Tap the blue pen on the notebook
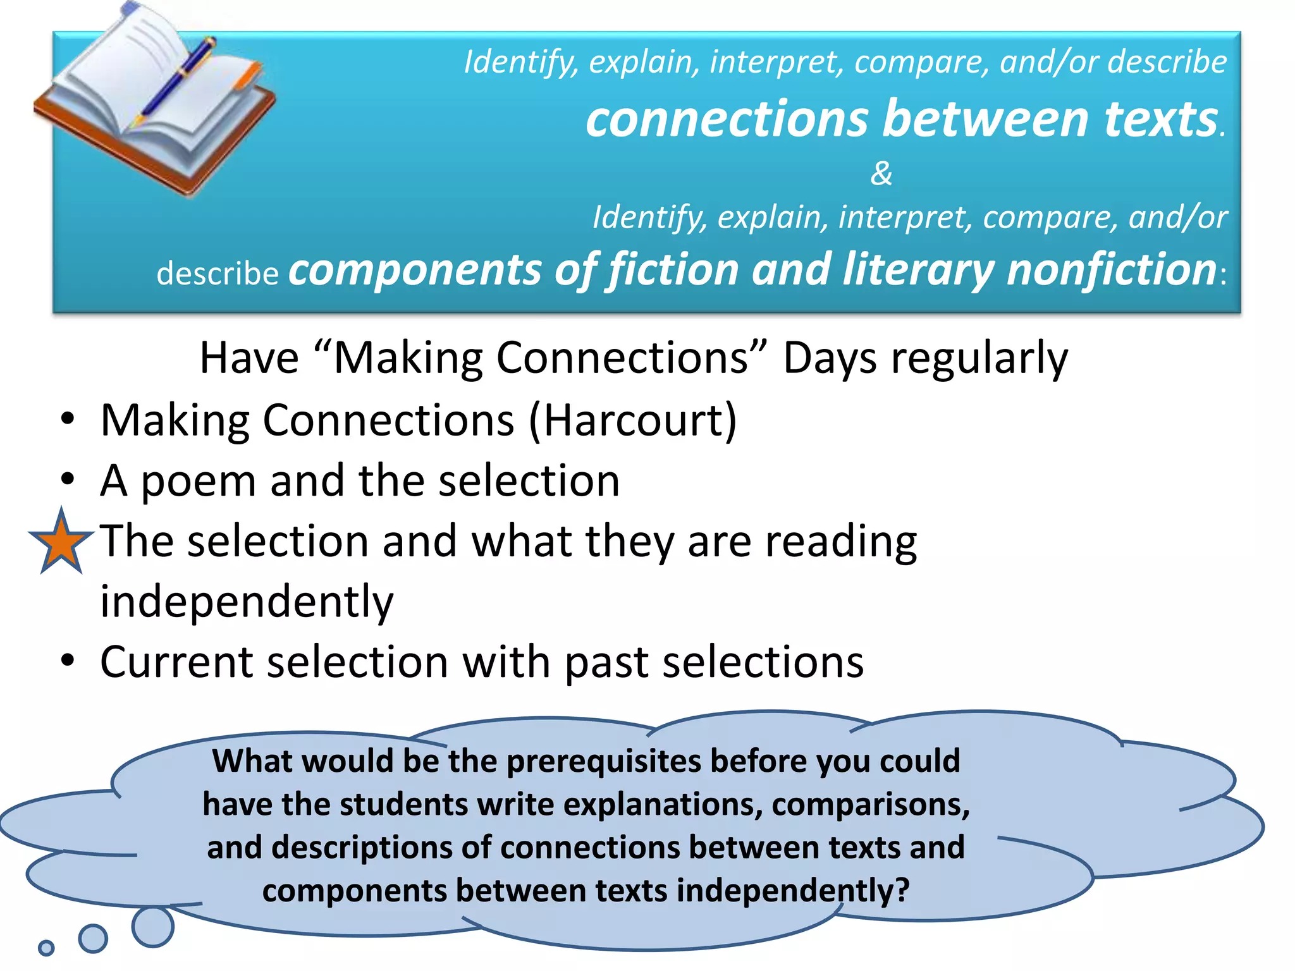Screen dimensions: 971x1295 [175, 82]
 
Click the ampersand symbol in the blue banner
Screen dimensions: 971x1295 [881, 173]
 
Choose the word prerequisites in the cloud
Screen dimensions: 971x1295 [603, 760]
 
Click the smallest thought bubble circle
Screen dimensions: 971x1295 [46, 948]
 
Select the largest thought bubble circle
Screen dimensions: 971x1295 [152, 927]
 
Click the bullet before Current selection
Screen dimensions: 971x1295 [68, 661]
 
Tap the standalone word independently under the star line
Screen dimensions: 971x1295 [247, 602]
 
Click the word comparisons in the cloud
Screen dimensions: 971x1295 [870, 804]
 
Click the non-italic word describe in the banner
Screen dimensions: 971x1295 [218, 273]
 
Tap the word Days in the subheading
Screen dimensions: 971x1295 [829, 358]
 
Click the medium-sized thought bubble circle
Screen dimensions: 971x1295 [93, 938]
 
